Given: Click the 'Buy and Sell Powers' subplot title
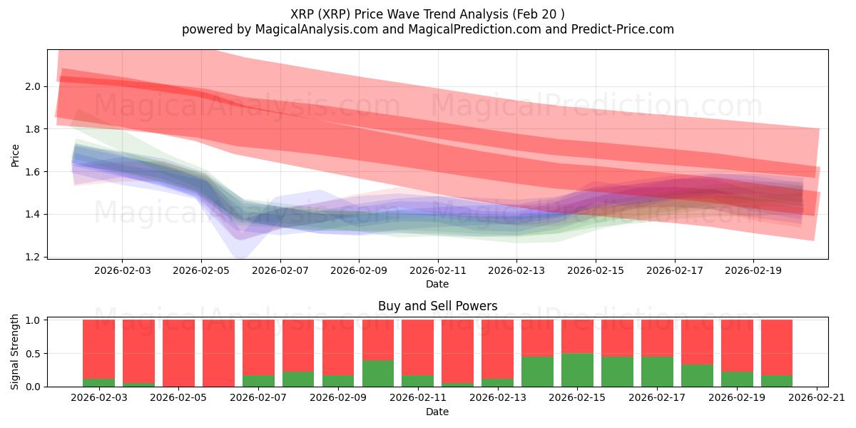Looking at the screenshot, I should [x=437, y=306].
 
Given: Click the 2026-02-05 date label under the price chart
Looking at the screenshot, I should [x=201, y=271].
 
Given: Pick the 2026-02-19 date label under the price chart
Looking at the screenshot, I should [x=753, y=271].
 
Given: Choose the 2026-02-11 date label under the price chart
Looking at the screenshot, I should [x=437, y=271].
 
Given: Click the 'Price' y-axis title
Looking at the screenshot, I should [x=16, y=155].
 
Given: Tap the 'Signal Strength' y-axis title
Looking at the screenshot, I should [x=16, y=352].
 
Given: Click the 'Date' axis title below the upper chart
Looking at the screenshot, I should [x=437, y=284].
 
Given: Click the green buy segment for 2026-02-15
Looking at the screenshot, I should [x=577, y=370].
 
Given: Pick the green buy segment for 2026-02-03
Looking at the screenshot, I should [x=98, y=382].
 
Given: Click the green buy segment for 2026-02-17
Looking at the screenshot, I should [x=657, y=372].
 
